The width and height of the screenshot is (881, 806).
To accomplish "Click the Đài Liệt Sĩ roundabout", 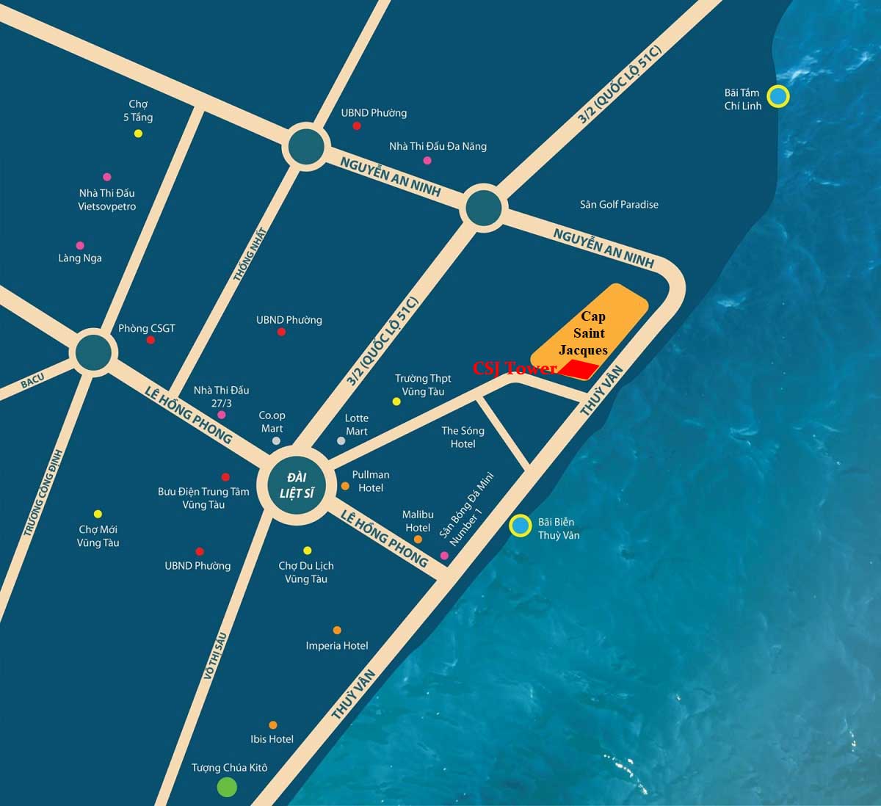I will [x=297, y=484].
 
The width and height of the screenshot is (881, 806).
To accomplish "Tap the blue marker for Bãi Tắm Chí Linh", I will [x=777, y=96].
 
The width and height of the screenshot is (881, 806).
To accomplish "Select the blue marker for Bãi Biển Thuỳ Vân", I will [x=521, y=525].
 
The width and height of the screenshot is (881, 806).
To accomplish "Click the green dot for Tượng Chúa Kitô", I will [x=227, y=788].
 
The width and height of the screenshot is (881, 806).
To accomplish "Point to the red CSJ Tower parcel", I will [x=579, y=370].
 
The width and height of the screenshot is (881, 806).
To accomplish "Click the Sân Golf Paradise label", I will [x=619, y=205].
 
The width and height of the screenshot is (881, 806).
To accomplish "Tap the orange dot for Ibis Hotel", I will [x=273, y=725].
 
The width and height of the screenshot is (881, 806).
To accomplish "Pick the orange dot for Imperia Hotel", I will [x=337, y=631].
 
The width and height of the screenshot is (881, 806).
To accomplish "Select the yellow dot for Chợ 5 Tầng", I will [x=138, y=134].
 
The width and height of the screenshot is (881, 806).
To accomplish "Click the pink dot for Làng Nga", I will [x=80, y=245].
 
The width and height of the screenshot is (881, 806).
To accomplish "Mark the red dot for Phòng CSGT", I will [x=151, y=340].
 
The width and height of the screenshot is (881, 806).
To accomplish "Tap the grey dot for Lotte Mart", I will [x=341, y=440].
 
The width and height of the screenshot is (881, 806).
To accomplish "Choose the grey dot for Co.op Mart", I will [x=276, y=440].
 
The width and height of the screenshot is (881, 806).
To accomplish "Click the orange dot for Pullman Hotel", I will [x=345, y=485].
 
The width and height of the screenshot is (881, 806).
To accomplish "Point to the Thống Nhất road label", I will [x=250, y=253].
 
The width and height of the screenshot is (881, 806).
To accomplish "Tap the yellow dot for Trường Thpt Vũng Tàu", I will [x=396, y=402].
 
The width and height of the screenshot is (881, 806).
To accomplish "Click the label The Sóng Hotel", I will [x=463, y=438].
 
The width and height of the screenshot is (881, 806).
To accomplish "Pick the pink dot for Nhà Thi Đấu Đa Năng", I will [x=427, y=160].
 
